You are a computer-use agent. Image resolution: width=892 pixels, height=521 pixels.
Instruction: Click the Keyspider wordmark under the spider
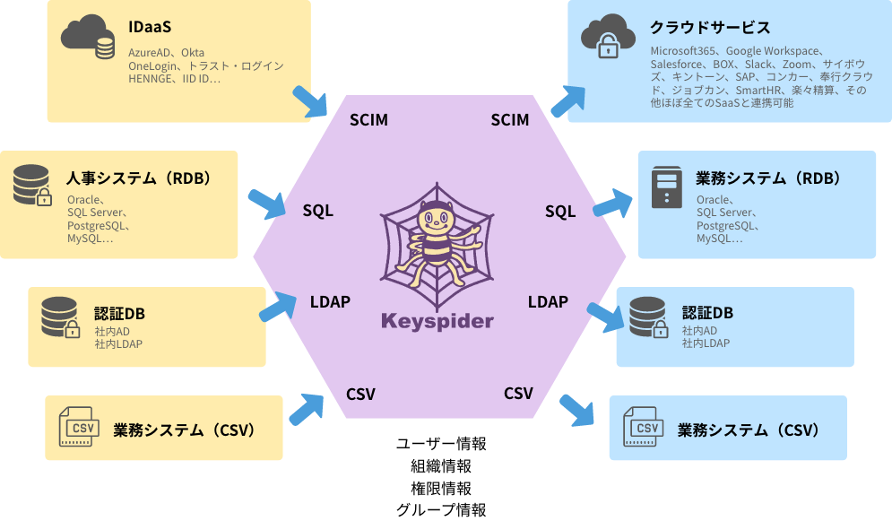tap(437, 320)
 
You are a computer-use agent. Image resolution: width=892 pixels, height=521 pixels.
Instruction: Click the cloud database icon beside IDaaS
tap(89, 38)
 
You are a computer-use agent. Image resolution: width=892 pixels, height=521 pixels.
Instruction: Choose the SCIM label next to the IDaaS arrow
tap(368, 119)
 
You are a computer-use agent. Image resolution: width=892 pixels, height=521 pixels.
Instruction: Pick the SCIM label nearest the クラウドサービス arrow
tap(510, 119)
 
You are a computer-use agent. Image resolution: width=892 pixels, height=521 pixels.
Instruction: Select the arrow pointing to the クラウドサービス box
tap(568, 100)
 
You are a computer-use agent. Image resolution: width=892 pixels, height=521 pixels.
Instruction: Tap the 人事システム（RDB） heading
tap(139, 178)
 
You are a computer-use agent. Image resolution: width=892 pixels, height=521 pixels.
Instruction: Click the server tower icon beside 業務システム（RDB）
tap(667, 187)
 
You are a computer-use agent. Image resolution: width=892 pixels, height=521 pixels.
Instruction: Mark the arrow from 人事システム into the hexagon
tap(266, 204)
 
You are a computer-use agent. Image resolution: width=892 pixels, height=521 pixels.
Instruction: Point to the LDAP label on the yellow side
tap(330, 301)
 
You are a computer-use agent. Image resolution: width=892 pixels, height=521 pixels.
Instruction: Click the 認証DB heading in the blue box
tap(707, 313)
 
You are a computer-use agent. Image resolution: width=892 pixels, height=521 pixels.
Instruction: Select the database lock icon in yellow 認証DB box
tap(61, 317)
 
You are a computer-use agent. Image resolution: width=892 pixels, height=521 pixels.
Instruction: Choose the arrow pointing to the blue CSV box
tap(577, 410)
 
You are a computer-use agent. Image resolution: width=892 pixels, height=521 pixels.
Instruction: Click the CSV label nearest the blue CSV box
tap(518, 393)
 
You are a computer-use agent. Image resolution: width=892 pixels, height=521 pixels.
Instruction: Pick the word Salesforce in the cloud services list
tap(678, 65)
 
